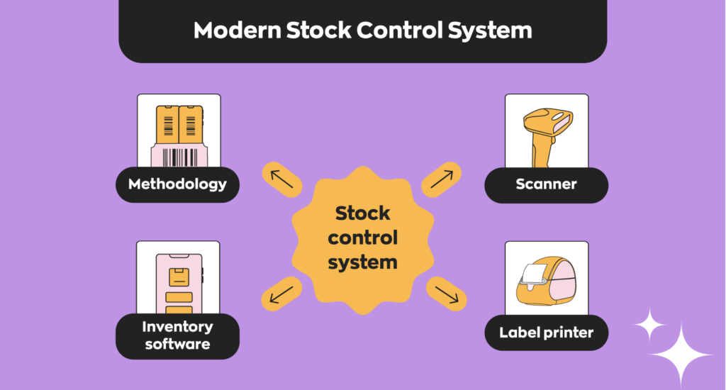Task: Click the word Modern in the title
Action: tap(238, 30)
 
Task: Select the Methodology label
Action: tap(177, 184)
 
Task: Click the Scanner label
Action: tap(547, 184)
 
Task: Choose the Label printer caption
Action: tap(547, 333)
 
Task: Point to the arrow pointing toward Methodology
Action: tap(282, 179)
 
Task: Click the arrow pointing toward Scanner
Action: tap(442, 179)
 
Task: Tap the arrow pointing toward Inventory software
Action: tap(281, 294)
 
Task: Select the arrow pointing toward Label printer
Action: tap(447, 294)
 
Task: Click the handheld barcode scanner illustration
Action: tap(548, 137)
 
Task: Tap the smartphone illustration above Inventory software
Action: tap(179, 284)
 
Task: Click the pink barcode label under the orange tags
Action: tap(179, 155)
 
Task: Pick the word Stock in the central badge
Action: tap(362, 213)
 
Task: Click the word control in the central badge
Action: tap(362, 238)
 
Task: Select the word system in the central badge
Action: tap(362, 262)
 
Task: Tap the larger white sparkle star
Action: tap(681, 355)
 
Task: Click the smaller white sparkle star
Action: tap(649, 325)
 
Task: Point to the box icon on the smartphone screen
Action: tap(179, 277)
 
